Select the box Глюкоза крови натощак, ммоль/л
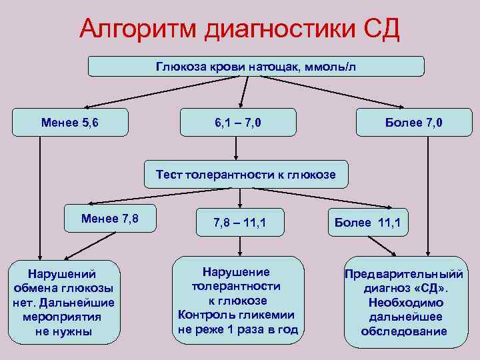point(257,67)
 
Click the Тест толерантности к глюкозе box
point(246,175)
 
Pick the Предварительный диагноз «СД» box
point(404,302)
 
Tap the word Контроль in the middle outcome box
point(203,315)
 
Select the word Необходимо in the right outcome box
point(404,303)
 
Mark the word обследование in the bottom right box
point(404,332)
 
